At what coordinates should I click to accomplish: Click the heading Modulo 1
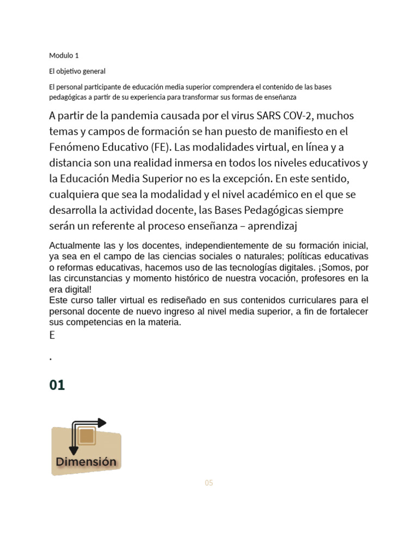pyautogui.click(x=64, y=55)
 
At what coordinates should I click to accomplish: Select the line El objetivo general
pyautogui.click(x=77, y=71)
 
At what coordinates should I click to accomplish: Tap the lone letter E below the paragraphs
pyautogui.click(x=52, y=335)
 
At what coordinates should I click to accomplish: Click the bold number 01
pyautogui.click(x=57, y=385)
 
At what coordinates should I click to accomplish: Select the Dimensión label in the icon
pyautogui.click(x=86, y=462)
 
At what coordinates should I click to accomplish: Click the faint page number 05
pyautogui.click(x=209, y=483)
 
